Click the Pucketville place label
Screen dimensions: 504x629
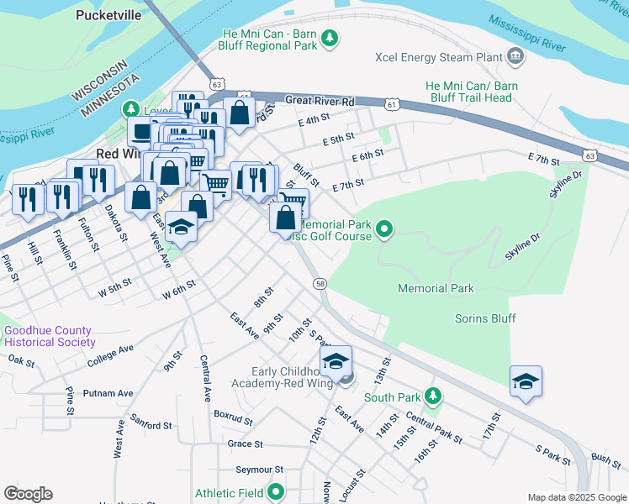point(109,15)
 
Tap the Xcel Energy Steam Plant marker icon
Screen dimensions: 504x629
point(515,57)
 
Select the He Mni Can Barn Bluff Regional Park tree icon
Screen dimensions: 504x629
point(330,38)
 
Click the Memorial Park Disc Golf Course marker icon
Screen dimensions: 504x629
point(384,228)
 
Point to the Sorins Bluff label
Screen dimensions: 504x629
point(484,318)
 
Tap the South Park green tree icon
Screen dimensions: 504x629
point(432,395)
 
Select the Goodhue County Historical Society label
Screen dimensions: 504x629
point(50,336)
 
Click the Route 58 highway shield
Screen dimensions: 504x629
point(320,284)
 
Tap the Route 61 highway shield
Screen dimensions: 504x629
point(392,103)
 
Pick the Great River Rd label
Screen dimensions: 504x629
point(320,101)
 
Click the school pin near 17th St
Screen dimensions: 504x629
point(526,381)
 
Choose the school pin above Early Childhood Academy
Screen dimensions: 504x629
point(336,361)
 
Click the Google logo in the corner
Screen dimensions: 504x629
point(28,493)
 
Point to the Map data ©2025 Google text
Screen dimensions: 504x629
point(576,497)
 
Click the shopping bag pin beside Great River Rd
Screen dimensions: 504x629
point(240,112)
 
